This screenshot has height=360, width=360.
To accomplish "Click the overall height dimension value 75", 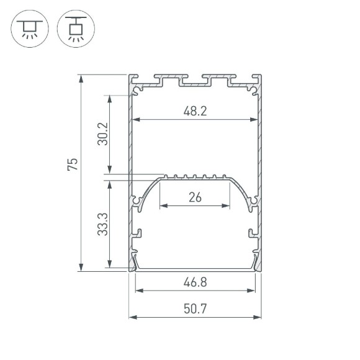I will (x=73, y=164).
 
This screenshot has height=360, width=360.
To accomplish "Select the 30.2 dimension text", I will (x=102, y=133).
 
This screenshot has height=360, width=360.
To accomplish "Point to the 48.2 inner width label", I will (x=195, y=112).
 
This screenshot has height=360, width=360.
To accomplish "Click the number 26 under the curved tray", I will (x=195, y=198).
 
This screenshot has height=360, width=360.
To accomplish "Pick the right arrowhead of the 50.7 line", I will (x=258, y=317).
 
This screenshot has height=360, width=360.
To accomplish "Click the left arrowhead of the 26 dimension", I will (x=163, y=206).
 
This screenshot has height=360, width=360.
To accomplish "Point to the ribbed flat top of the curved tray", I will (x=195, y=178).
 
